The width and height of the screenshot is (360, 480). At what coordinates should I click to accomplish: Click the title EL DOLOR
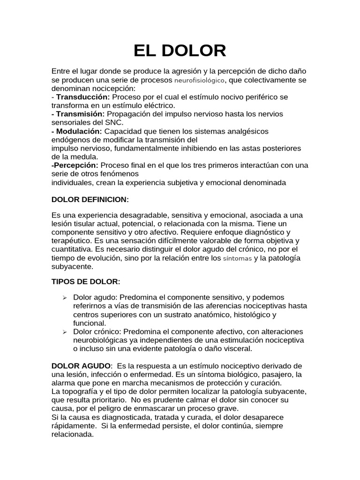[180, 50]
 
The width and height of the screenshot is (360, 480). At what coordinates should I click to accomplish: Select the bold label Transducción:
[82, 97]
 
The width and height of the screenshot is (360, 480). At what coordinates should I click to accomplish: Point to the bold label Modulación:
[78, 131]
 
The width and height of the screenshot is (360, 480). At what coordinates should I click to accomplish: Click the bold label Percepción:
[75, 165]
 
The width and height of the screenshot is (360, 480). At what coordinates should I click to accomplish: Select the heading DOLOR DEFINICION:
[90, 200]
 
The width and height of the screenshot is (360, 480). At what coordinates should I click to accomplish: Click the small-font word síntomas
[237, 258]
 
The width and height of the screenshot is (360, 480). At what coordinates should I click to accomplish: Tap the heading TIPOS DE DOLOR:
[86, 281]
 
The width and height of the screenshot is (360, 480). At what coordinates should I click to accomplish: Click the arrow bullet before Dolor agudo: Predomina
[65, 298]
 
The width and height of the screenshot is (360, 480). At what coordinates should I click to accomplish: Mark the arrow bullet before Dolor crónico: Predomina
[65, 332]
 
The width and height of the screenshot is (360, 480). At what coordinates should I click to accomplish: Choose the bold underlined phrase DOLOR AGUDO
[81, 366]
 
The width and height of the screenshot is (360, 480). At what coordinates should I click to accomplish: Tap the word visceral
[238, 349]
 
